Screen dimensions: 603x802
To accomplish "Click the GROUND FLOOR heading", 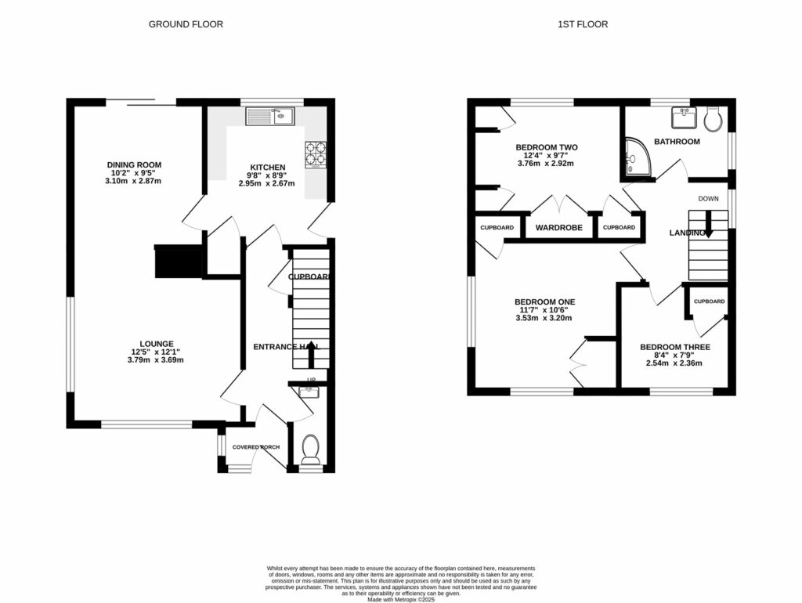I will pyautogui.click(x=186, y=24).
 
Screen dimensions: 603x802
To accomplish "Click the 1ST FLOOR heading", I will pyautogui.click(x=583, y=24).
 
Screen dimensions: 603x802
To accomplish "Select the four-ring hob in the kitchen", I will pyautogui.click(x=316, y=153).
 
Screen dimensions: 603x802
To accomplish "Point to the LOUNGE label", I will pyautogui.click(x=157, y=343).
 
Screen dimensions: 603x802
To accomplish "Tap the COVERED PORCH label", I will pyautogui.click(x=255, y=447).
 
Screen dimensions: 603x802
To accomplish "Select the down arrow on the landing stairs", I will pyautogui.click(x=709, y=228).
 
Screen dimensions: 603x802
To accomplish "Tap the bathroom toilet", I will pyautogui.click(x=713, y=119).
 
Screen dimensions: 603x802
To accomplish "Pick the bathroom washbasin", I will pyautogui.click(x=684, y=118).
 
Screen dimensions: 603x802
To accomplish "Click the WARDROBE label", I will pyautogui.click(x=557, y=228).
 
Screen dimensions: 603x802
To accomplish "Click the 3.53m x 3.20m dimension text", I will pyautogui.click(x=544, y=318).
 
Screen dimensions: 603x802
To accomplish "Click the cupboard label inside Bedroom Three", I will pyautogui.click(x=709, y=301).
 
